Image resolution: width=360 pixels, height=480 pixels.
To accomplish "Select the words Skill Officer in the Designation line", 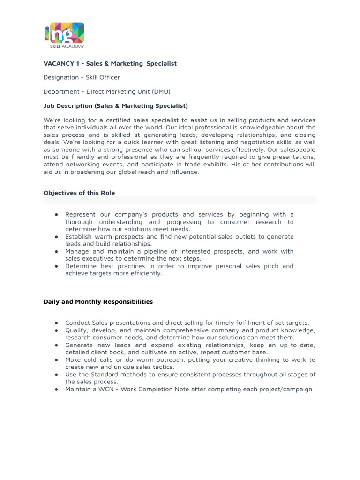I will [103, 77].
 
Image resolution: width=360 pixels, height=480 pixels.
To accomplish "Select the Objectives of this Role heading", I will [79, 193].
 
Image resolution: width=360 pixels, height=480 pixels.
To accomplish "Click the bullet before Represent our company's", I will [56, 215].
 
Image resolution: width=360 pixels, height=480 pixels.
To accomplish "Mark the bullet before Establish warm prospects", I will [56, 237].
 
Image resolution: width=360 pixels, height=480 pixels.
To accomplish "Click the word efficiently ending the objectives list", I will [146, 273].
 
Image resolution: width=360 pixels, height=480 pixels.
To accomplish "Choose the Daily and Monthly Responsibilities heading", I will [98, 302].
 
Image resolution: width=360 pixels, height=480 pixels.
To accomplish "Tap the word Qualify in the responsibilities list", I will [76, 330].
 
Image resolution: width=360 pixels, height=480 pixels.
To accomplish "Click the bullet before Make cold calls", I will [56, 360].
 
